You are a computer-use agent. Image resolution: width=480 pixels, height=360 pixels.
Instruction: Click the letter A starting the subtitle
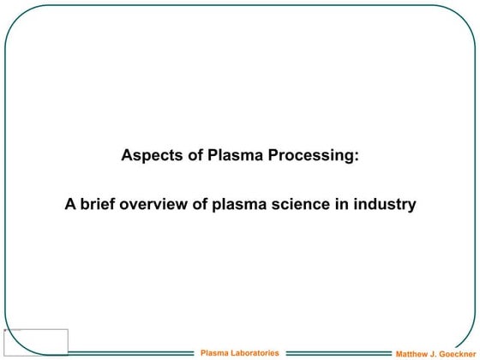coord(70,205)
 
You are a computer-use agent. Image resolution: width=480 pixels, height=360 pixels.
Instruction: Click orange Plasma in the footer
coord(214,352)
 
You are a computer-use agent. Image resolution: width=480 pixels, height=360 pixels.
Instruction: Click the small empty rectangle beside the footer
coord(36,341)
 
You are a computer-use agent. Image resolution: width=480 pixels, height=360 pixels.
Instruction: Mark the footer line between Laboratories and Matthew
coord(336,352)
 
